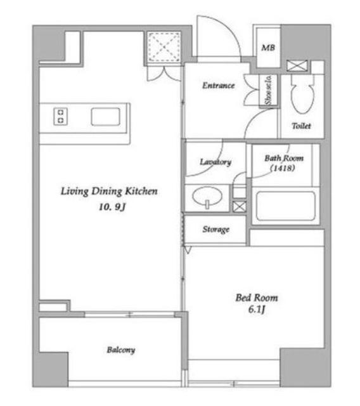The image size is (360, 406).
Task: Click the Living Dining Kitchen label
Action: pyautogui.click(x=109, y=192)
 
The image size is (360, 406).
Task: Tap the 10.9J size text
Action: pyautogui.click(x=112, y=207)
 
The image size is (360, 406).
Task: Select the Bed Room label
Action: pyautogui.click(x=257, y=298)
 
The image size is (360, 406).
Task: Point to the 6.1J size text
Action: pyautogui.click(x=256, y=310)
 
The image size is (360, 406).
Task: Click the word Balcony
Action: pyautogui.click(x=121, y=350)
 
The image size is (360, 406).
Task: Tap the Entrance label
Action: pyautogui.click(x=219, y=86)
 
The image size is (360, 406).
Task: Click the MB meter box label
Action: pyautogui.click(x=268, y=48)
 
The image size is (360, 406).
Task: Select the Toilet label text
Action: pyautogui.click(x=301, y=126)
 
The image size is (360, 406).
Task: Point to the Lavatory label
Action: pyautogui.click(x=215, y=162)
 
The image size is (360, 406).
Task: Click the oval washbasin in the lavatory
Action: pyautogui.click(x=207, y=196)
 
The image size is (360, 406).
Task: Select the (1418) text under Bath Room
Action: pyautogui.click(x=283, y=168)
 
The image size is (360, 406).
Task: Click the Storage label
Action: pyautogui.click(x=216, y=230)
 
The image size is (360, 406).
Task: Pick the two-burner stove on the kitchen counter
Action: pyautogui.click(x=60, y=117)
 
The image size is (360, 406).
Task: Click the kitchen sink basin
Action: pyautogui.click(x=105, y=117)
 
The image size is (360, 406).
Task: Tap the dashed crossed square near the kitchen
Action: pyautogui.click(x=164, y=47)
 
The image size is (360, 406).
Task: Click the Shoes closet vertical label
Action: pyautogui.click(x=268, y=90)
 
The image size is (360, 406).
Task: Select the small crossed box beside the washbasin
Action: pyautogui.click(x=239, y=207)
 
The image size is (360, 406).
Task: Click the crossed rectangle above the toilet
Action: pyautogui.click(x=297, y=66)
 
